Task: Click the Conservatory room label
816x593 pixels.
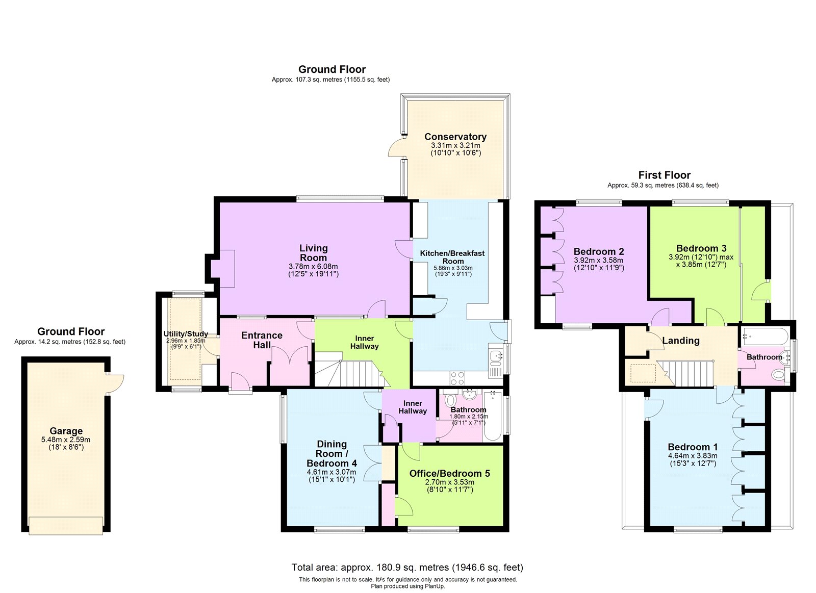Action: click(455, 137)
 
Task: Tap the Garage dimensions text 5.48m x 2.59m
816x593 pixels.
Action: click(66, 440)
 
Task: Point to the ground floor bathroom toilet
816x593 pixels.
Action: click(449, 400)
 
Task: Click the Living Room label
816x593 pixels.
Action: click(313, 253)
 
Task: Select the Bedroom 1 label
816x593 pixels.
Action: click(693, 447)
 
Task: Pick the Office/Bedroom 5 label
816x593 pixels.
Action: click(449, 473)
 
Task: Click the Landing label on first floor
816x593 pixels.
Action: click(681, 341)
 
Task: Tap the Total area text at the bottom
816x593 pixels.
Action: click(407, 567)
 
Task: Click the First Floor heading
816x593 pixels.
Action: click(665, 175)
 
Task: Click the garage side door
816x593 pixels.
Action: click(115, 384)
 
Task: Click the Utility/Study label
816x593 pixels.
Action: click(186, 333)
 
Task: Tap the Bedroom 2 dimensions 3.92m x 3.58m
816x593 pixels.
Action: click(599, 261)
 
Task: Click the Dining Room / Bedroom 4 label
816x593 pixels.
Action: click(331, 453)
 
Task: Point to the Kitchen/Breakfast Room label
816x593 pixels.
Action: click(452, 257)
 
